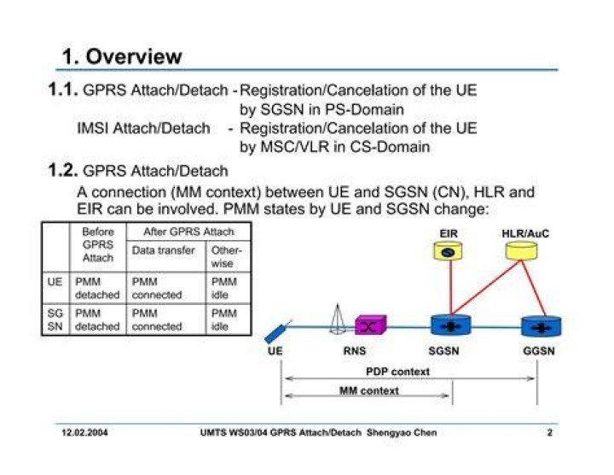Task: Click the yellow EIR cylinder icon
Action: click(x=448, y=250)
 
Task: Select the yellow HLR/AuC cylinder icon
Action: click(x=521, y=250)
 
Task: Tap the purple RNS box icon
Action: click(x=370, y=325)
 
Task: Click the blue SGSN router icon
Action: click(x=451, y=325)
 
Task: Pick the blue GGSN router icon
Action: click(x=542, y=326)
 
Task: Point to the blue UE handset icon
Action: click(x=277, y=332)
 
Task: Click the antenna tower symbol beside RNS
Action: click(x=337, y=320)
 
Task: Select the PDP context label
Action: click(x=397, y=372)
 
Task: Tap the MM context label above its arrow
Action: click(x=369, y=390)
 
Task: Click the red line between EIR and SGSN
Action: click(x=451, y=287)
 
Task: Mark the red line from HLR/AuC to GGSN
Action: click(x=534, y=288)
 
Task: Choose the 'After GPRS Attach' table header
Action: click(x=188, y=232)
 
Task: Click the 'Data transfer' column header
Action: click(x=163, y=250)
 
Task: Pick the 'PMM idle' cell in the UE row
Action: click(x=224, y=288)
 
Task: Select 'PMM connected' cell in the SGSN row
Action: click(x=157, y=320)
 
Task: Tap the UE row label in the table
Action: click(x=55, y=282)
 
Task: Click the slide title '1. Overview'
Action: click(x=122, y=56)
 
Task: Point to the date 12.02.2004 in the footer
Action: click(x=84, y=432)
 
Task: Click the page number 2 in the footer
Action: click(x=550, y=432)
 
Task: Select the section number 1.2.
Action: click(x=63, y=170)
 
